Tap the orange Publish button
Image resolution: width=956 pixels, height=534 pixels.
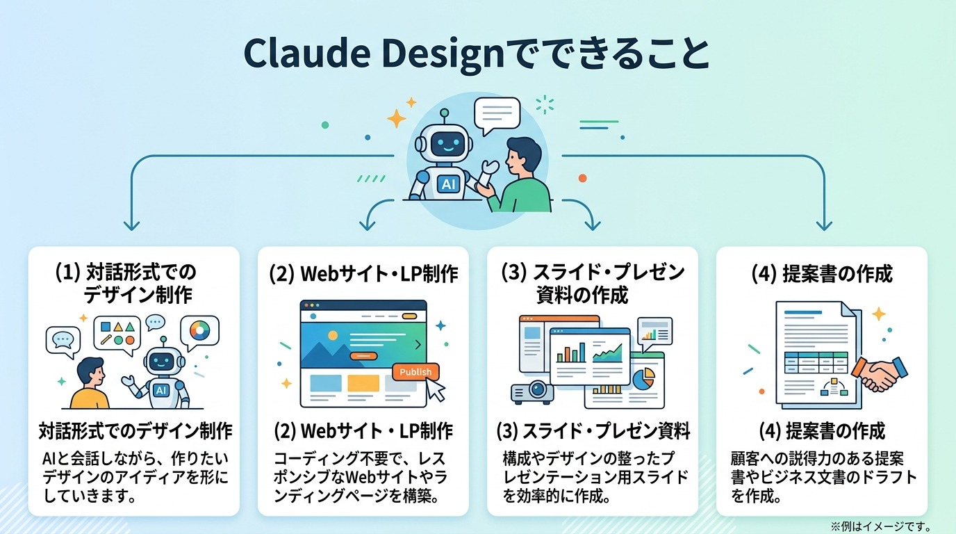pos(415,372)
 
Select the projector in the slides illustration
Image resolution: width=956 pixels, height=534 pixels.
pos(532,391)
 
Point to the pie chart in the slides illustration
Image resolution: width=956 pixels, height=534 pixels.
pos(644,378)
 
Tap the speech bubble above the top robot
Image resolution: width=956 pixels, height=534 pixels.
pos(496,113)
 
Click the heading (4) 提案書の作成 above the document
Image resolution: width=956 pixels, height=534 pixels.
pos(821,274)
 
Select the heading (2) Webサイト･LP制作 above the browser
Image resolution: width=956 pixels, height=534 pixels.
pos(363,274)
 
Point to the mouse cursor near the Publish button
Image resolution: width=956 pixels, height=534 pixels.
pos(436,391)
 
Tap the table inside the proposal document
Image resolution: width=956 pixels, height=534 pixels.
pos(818,362)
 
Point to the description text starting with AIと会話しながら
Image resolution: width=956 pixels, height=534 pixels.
pos(135,478)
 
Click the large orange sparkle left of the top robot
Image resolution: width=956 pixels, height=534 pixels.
pos(397,118)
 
